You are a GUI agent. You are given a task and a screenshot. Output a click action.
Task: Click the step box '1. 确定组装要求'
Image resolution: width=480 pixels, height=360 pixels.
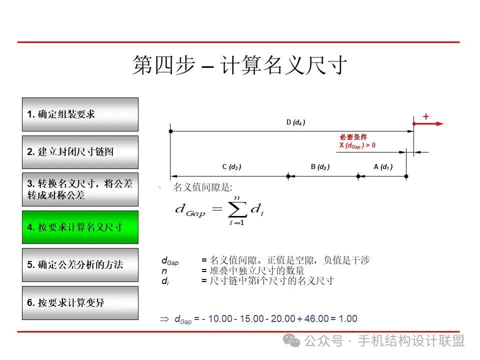click(x=80, y=114)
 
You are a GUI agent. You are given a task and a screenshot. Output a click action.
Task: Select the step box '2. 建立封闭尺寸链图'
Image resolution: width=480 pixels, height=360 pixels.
click(x=80, y=152)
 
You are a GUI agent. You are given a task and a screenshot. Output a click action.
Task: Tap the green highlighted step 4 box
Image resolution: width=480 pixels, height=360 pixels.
click(x=80, y=227)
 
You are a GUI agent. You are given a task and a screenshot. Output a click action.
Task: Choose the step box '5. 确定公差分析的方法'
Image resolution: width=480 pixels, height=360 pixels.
click(x=80, y=264)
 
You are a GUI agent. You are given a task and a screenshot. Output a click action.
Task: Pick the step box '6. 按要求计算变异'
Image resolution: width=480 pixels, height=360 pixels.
click(x=80, y=302)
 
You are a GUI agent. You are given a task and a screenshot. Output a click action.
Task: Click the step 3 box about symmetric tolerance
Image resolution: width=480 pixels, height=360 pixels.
click(x=80, y=189)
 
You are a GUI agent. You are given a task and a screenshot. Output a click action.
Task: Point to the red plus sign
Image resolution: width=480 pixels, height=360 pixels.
click(x=426, y=116)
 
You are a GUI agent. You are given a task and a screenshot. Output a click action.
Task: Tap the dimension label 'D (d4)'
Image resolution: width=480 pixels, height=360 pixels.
click(x=295, y=122)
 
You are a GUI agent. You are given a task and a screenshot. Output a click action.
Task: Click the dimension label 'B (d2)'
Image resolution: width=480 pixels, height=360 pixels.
click(x=320, y=167)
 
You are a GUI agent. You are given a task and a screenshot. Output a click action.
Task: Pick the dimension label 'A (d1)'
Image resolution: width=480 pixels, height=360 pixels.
click(x=383, y=167)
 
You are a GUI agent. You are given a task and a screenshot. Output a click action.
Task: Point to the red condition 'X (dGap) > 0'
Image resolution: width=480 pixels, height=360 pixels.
click(x=357, y=145)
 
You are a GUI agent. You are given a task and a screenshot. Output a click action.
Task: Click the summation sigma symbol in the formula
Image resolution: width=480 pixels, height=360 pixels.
click(x=236, y=210)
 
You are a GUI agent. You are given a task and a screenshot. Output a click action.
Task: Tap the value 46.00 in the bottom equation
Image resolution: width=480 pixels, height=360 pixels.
click(x=316, y=318)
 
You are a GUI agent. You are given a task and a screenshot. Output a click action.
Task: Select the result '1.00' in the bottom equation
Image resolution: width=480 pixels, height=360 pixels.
click(x=348, y=318)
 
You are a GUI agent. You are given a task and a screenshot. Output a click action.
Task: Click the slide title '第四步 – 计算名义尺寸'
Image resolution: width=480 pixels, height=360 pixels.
click(x=239, y=65)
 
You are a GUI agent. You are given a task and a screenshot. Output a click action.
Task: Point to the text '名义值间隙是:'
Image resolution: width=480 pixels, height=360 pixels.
click(x=202, y=187)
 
